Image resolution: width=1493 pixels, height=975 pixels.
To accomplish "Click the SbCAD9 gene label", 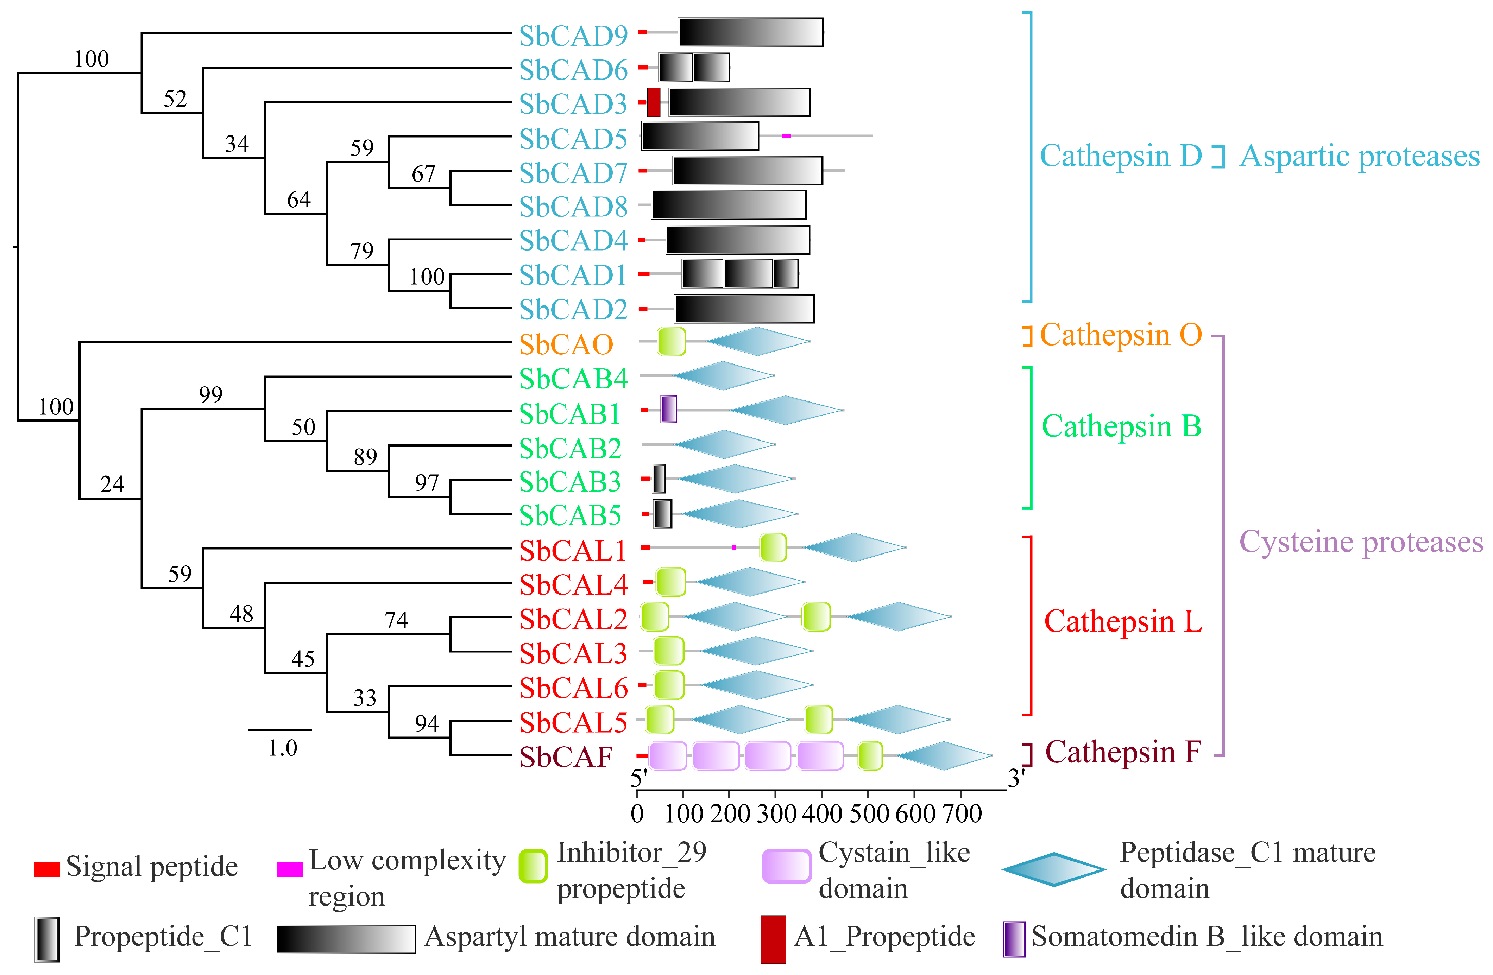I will click(573, 36).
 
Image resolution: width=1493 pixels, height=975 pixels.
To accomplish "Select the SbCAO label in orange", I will click(566, 344).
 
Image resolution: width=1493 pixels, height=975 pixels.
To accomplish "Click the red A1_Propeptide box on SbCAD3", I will click(654, 102).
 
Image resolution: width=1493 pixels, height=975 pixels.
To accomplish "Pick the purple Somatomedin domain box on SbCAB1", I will click(669, 409).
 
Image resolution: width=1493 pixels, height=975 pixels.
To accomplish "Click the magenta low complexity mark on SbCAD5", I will click(786, 135).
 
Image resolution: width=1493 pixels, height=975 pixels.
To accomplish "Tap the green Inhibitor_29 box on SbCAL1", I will click(773, 547).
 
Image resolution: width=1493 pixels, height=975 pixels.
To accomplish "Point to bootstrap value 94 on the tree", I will click(427, 723).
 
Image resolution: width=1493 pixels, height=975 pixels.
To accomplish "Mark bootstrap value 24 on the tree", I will click(112, 484).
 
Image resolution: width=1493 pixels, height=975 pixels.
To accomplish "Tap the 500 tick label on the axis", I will click(869, 814).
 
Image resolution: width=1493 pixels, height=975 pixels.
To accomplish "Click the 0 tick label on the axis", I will click(637, 814).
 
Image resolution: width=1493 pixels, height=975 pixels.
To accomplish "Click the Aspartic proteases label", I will click(1359, 156).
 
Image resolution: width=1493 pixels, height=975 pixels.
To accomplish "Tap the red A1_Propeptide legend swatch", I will click(773, 939).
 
